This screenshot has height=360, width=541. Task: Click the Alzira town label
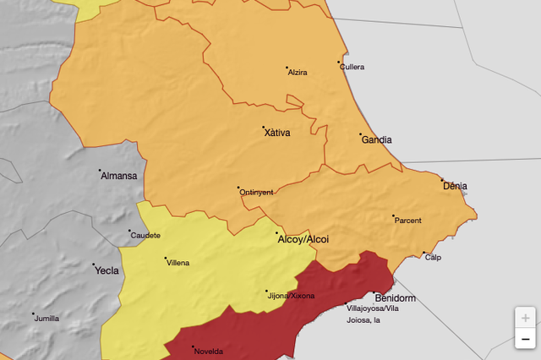click(298, 73)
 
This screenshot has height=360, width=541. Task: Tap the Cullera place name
click(352, 67)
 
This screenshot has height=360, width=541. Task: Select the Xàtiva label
click(276, 133)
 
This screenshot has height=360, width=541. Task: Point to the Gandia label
click(376, 140)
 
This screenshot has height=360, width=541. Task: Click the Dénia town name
click(454, 187)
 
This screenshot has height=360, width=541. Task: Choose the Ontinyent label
click(256, 193)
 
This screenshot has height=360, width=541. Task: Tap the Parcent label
click(407, 221)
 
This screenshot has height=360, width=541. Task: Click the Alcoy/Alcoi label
click(303, 240)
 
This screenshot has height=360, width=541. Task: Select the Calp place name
click(433, 258)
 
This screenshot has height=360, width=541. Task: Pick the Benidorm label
click(395, 298)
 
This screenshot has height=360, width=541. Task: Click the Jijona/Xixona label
click(291, 297)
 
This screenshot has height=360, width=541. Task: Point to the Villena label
click(178, 263)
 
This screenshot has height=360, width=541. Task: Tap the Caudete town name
click(145, 235)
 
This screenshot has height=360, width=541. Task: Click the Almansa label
click(118, 176)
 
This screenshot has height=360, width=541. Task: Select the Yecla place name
click(106, 271)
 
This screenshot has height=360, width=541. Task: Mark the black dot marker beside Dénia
click(441, 179)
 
